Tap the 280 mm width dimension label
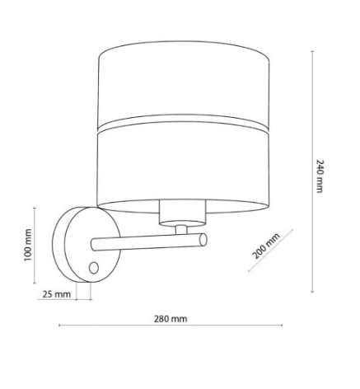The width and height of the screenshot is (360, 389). tap(170, 318)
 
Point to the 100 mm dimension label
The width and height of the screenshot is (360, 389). tap(26, 245)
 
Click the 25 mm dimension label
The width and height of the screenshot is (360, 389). tap(56, 294)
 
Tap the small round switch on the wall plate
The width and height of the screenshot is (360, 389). tap(94, 268)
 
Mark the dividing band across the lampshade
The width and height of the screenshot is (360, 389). tap(182, 126)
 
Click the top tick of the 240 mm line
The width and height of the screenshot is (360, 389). tap(311, 49)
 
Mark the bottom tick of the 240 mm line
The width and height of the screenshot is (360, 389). tap(311, 293)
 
